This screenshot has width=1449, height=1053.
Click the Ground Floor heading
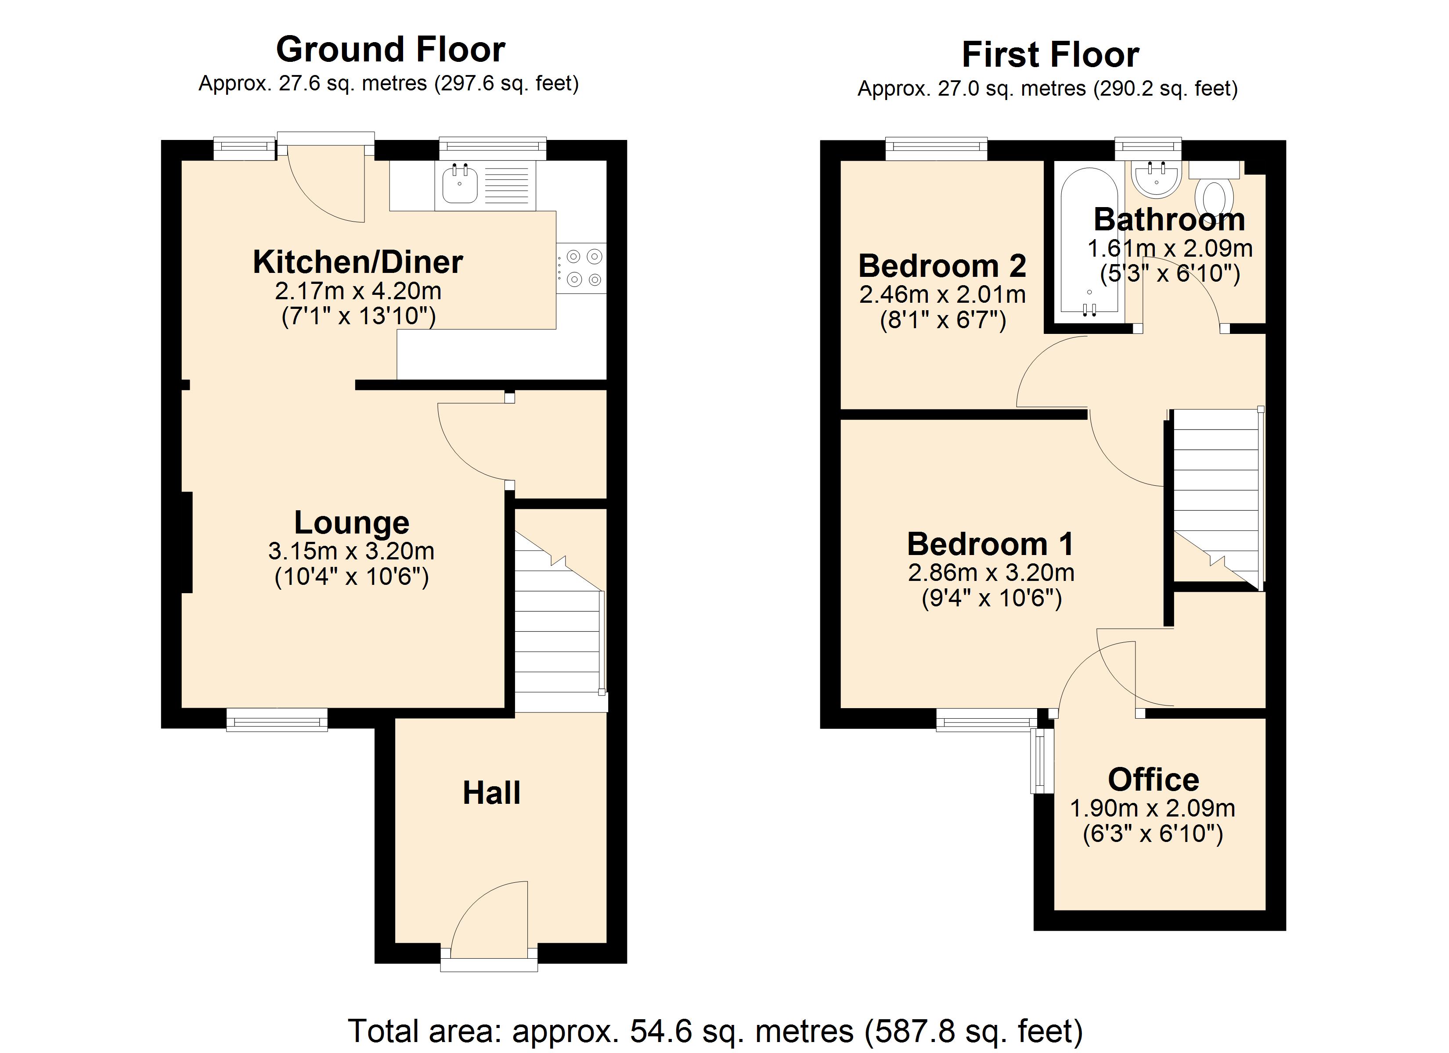tap(390, 50)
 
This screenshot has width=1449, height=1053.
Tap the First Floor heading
tap(1050, 55)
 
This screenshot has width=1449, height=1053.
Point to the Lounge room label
tap(351, 523)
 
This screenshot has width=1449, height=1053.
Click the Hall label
tap(491, 793)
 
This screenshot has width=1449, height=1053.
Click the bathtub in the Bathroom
tap(1089, 243)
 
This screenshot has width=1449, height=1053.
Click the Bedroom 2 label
tap(942, 265)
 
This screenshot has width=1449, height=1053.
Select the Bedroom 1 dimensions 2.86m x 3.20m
tap(991, 573)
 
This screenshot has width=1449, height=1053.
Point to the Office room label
tap(1153, 780)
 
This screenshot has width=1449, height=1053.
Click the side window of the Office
tap(1042, 760)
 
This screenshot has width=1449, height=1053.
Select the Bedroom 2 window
tap(936, 149)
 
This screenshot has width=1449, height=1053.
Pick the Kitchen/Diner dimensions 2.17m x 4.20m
tap(358, 291)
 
